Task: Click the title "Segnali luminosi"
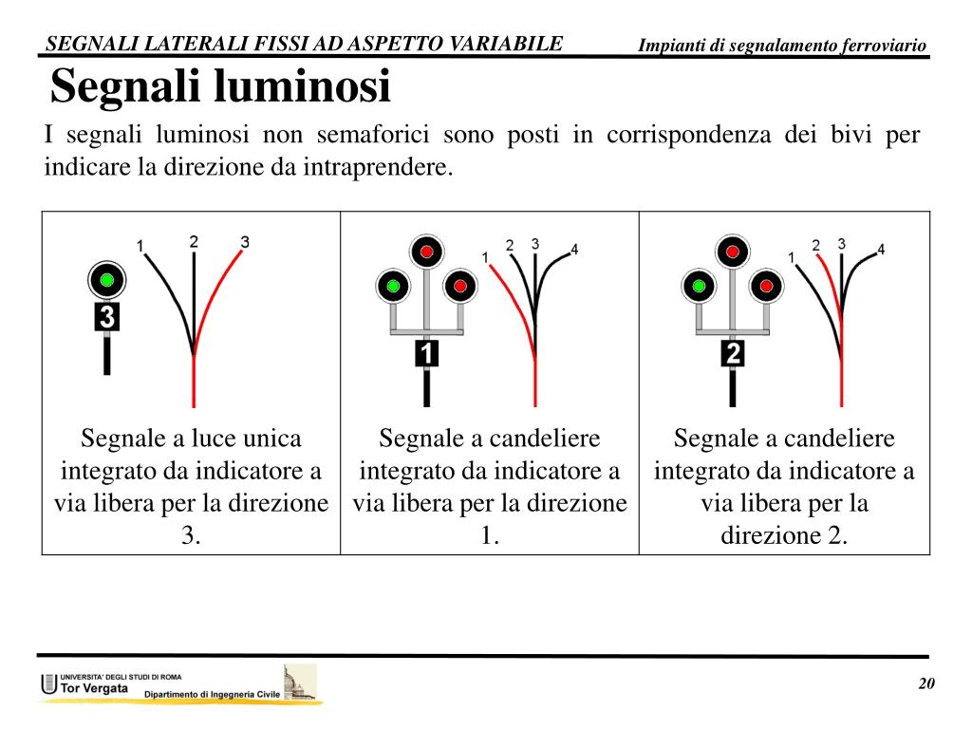[220, 87]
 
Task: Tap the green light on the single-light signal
[107, 279]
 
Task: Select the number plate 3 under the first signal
[107, 316]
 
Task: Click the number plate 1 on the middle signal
[427, 354]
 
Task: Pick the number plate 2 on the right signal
[733, 354]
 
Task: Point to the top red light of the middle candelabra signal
[427, 252]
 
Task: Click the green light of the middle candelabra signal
[393, 285]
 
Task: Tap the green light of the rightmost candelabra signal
[700, 285]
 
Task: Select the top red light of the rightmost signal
[733, 252]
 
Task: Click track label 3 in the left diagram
[245, 242]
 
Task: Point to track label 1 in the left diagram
[140, 247]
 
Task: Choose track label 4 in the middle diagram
[574, 251]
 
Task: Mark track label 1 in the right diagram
[792, 257]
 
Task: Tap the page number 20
[926, 685]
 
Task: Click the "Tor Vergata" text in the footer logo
[94, 688]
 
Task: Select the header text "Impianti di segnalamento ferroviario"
[782, 46]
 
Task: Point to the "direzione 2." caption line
[784, 535]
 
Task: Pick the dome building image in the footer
[299, 682]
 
